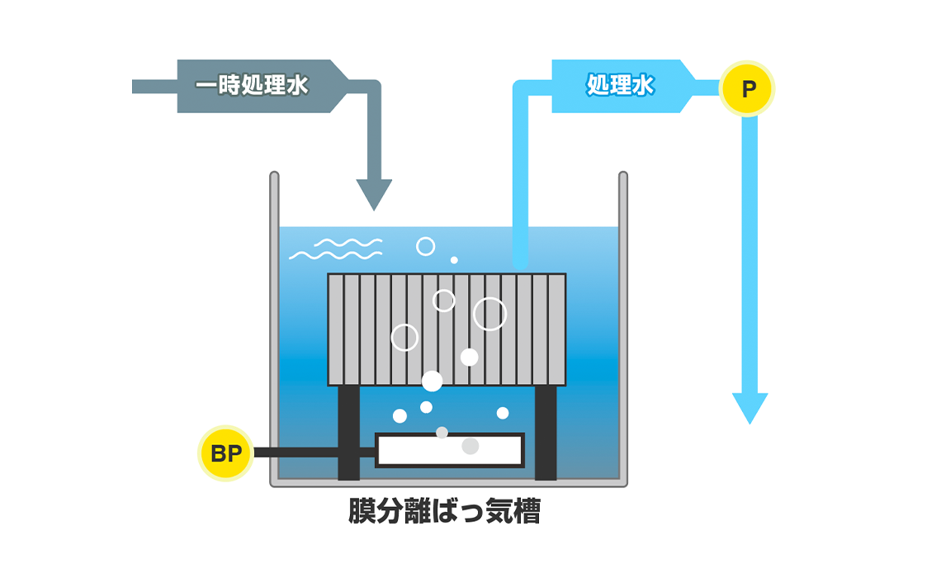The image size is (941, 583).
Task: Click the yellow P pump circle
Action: [747, 88]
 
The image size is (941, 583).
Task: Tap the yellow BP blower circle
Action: [225, 453]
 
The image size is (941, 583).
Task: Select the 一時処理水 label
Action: [252, 86]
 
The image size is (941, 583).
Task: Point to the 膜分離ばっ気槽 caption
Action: [444, 513]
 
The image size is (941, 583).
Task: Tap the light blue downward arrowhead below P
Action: [749, 407]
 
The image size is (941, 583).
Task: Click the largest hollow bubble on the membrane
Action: [490, 314]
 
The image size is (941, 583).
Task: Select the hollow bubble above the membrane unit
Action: [425, 246]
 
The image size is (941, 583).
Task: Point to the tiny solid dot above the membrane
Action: [454, 260]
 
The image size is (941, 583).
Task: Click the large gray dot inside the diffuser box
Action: [470, 446]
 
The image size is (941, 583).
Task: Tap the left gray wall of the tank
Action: [274, 330]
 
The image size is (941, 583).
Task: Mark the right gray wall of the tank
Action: [623, 330]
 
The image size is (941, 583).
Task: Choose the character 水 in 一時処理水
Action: [296, 86]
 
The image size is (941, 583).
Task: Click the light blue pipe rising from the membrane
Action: [520, 182]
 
